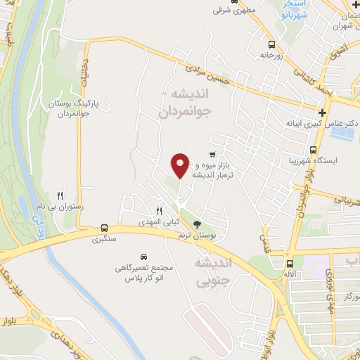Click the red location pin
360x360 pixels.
pos(180,164)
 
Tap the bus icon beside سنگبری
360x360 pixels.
pos(105,228)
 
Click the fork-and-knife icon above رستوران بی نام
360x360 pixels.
pos(60,196)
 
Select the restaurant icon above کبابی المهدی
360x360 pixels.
pos(160,210)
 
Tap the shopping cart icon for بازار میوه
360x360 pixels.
pos(212,154)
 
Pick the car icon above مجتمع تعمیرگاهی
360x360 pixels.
pos(143,257)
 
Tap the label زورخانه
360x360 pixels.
pos(271,54)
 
